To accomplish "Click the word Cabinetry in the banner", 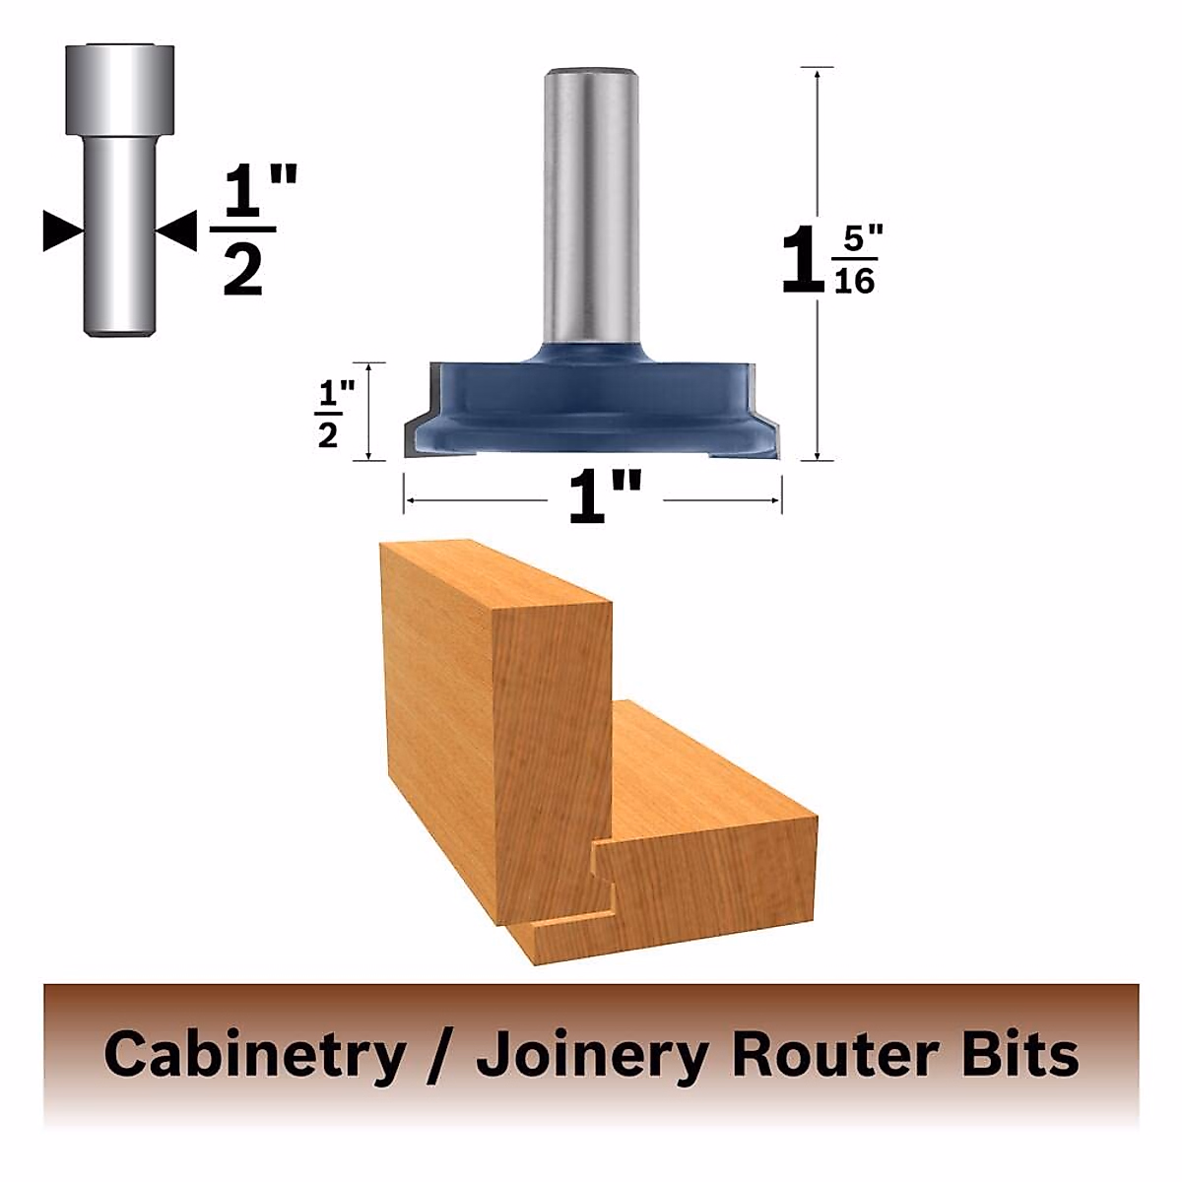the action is (x=254, y=1055).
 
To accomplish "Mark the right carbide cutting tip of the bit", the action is (x=770, y=433).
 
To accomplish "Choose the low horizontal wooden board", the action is (x=709, y=867).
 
